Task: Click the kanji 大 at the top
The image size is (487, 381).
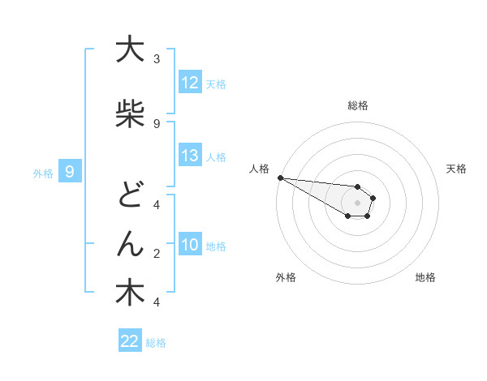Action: click(x=129, y=51)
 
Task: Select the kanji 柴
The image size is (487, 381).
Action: click(x=129, y=114)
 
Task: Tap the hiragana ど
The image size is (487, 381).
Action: click(x=129, y=194)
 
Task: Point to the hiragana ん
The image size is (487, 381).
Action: click(x=129, y=244)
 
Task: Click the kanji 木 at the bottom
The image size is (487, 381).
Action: click(x=129, y=293)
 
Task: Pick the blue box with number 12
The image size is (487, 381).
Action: click(x=190, y=83)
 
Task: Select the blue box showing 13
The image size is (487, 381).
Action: click(x=190, y=156)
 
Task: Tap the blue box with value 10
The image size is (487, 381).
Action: click(x=190, y=245)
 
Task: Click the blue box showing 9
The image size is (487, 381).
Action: click(x=71, y=171)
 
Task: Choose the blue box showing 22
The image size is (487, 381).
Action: click(x=130, y=342)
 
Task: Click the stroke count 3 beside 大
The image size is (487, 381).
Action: click(x=157, y=59)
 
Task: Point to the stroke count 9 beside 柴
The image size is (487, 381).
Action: click(x=157, y=123)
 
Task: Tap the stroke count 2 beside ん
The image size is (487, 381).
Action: click(x=157, y=254)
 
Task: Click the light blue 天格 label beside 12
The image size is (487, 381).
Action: click(x=216, y=83)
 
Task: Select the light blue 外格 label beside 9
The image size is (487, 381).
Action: click(x=43, y=172)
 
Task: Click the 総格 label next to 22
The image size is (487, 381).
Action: click(x=156, y=343)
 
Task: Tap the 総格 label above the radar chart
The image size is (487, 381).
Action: click(x=357, y=105)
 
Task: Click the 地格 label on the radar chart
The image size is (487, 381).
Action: click(x=425, y=277)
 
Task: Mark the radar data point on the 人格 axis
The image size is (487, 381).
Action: click(x=280, y=178)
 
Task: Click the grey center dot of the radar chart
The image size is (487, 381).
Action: click(x=357, y=202)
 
